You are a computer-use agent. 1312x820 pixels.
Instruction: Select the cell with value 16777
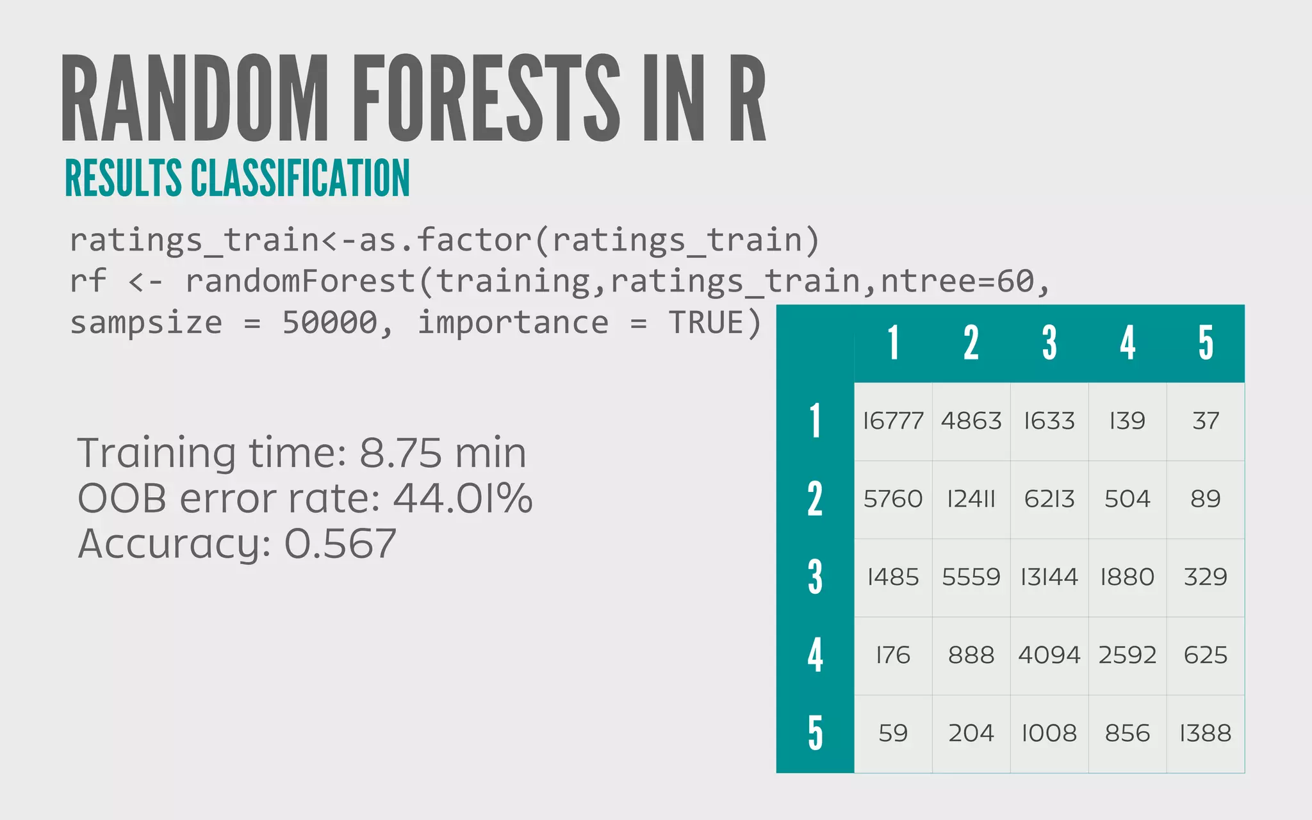click(x=893, y=421)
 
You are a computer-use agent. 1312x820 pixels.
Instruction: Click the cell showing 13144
click(x=1049, y=577)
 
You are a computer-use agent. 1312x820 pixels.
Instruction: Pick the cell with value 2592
click(x=1127, y=655)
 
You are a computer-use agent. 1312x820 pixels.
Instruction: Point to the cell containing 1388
click(x=1206, y=734)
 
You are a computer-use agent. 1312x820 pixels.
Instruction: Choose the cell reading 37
click(x=1206, y=421)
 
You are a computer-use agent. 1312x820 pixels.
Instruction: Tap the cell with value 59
click(x=893, y=734)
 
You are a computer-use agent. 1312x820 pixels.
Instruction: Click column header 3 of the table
click(x=1049, y=343)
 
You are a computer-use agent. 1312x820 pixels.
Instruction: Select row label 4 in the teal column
click(x=815, y=655)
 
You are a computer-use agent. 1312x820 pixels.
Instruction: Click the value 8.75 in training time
click(x=400, y=453)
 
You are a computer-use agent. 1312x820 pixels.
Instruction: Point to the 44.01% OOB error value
click(x=463, y=498)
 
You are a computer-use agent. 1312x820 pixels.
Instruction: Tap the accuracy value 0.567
click(x=340, y=544)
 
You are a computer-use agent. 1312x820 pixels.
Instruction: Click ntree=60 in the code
click(x=957, y=282)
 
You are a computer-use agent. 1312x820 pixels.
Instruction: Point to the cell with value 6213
click(x=1049, y=499)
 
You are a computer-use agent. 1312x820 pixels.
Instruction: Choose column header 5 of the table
click(x=1206, y=343)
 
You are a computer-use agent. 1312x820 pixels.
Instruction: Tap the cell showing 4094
click(x=1049, y=655)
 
